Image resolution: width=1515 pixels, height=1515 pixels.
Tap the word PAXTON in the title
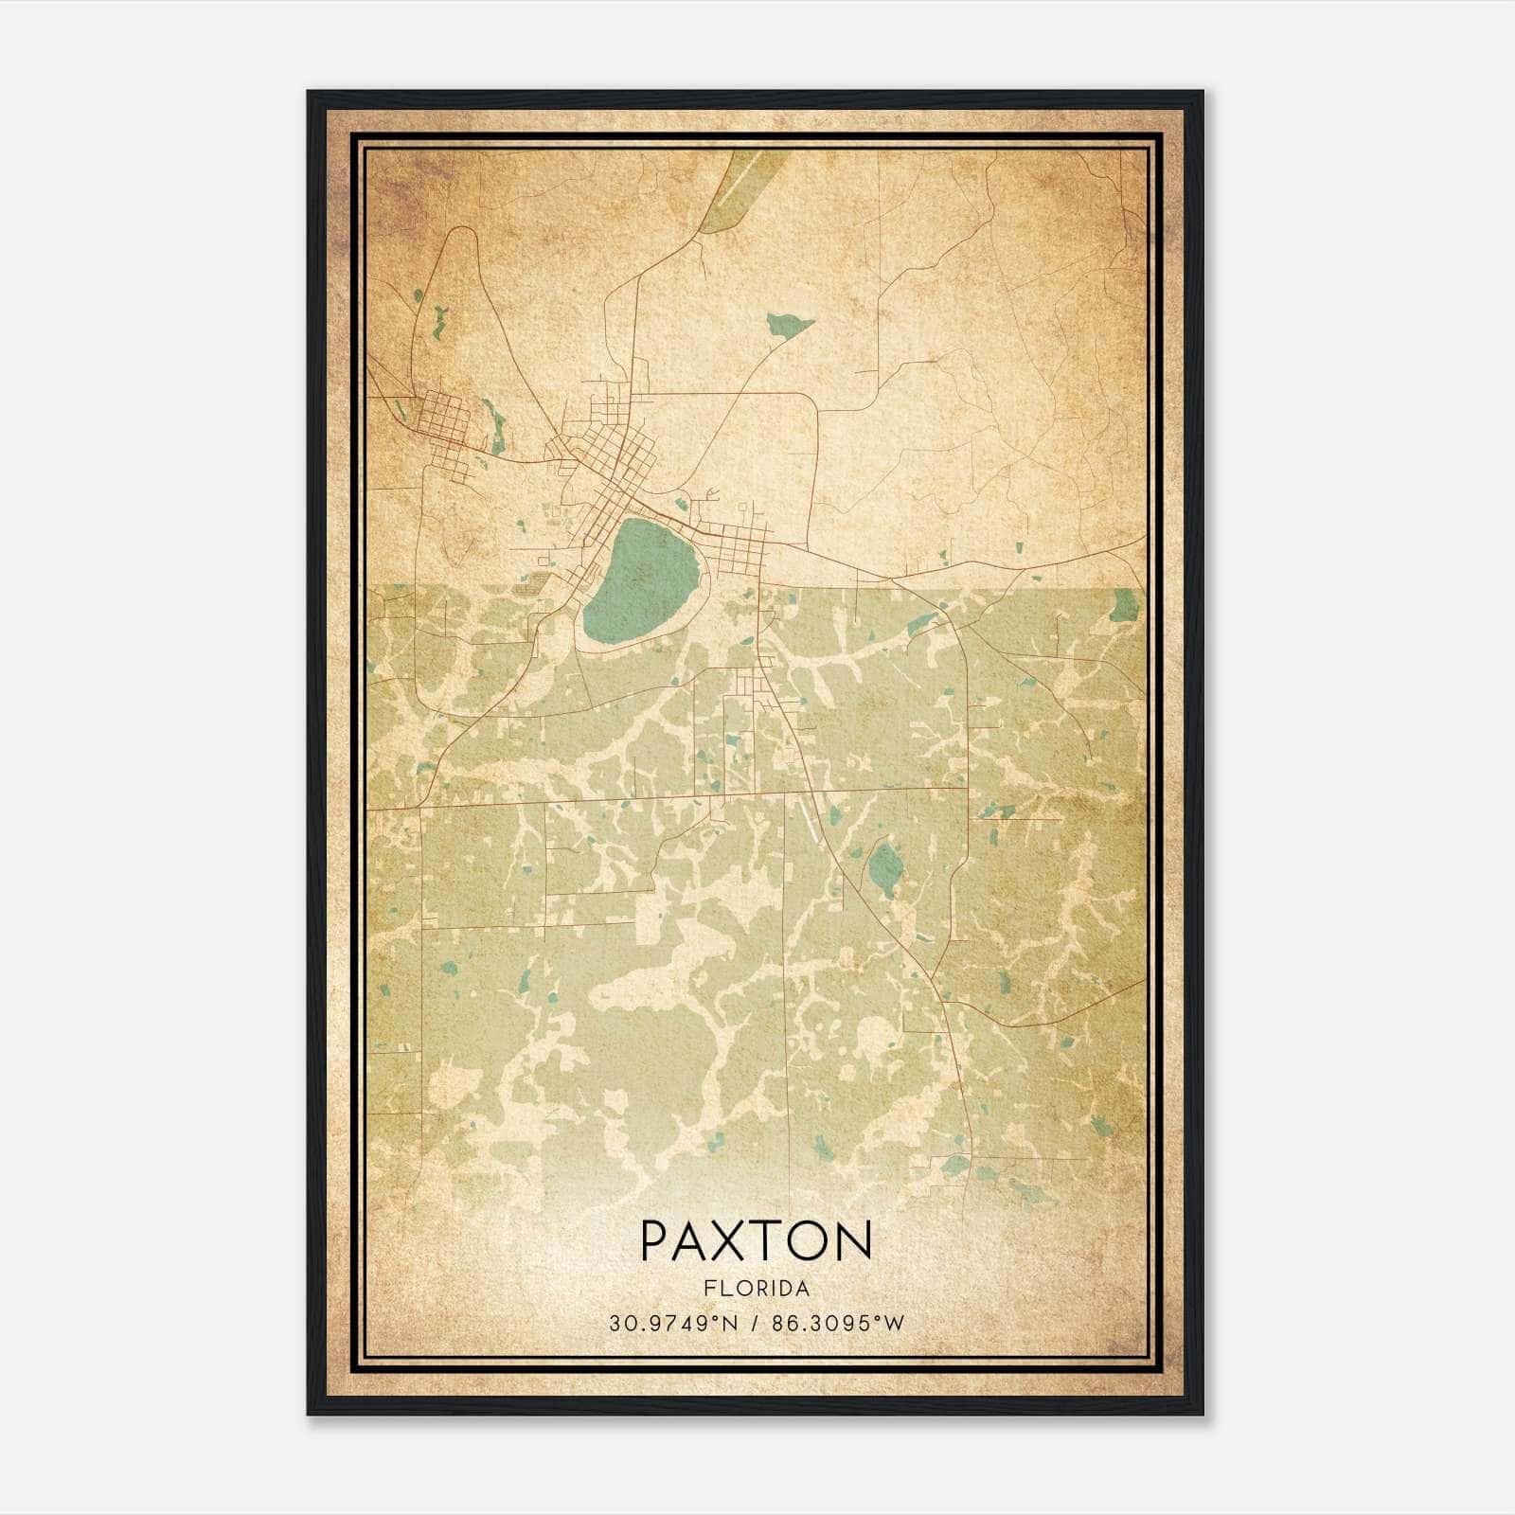click(756, 1241)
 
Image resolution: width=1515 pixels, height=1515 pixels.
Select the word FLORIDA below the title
click(756, 1288)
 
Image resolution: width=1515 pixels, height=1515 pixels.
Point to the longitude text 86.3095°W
click(838, 1324)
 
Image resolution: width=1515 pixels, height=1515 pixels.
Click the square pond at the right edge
click(1126, 604)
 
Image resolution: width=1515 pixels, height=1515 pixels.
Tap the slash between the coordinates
click(756, 1324)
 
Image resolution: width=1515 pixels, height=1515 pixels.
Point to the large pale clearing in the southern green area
click(663, 1004)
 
